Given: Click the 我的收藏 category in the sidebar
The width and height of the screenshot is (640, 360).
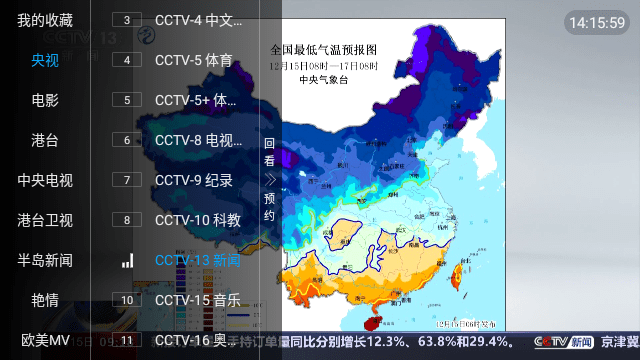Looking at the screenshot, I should pos(45,20).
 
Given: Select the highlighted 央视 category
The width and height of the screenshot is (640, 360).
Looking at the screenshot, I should pos(45,60).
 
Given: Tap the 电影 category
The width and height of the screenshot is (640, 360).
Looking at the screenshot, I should pos(45,100).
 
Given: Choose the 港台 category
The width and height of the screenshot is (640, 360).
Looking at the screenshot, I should pos(45,140).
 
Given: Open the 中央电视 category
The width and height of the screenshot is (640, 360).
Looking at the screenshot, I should pos(45,180).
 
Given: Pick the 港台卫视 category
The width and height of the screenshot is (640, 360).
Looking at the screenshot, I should pos(45,220).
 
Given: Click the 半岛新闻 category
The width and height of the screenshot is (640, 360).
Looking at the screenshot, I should pos(45,260).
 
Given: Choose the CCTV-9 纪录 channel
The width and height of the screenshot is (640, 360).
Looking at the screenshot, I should pos(194,180).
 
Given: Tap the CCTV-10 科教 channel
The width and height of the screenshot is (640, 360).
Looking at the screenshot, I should pos(197,220).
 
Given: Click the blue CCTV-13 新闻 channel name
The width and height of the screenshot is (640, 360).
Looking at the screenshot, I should pos(197,260).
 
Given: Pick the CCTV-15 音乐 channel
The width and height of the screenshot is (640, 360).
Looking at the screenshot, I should pos(197,300).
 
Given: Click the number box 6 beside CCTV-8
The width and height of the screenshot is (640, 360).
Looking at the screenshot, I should pos(127,140).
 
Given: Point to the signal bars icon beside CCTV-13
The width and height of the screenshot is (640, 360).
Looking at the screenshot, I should pos(127,260).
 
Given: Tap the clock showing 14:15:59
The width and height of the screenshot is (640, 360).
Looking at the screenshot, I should pos(596,21).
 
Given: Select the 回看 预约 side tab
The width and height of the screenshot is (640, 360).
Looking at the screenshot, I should pos(269,180).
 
